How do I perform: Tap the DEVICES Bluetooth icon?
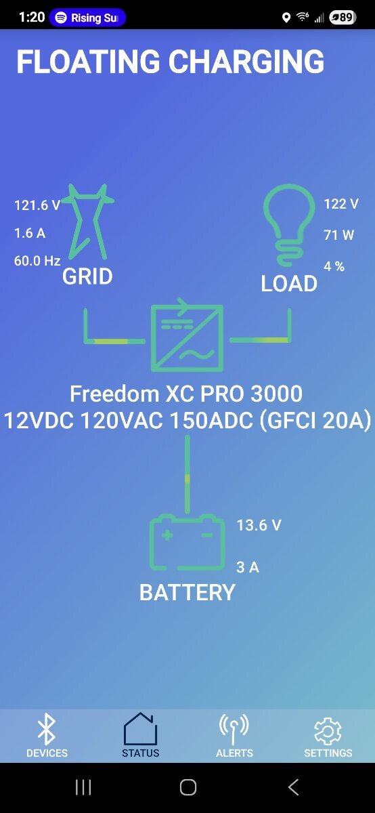[47, 729]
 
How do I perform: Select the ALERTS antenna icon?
[234, 729]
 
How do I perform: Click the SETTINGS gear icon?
[328, 731]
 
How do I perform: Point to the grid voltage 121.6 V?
[37, 205]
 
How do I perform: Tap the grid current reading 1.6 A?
[30, 233]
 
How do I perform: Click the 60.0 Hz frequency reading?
[37, 261]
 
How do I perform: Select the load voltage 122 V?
[341, 204]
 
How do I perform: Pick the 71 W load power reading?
[338, 235]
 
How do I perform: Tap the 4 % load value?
[334, 266]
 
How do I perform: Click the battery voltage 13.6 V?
[259, 525]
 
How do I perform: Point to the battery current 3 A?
[248, 567]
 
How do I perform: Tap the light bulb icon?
[289, 225]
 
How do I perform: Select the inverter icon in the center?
[187, 335]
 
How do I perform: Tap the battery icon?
[187, 542]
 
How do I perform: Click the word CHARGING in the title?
[246, 62]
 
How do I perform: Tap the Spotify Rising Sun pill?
[87, 18]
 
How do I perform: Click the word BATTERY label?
[187, 593]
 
